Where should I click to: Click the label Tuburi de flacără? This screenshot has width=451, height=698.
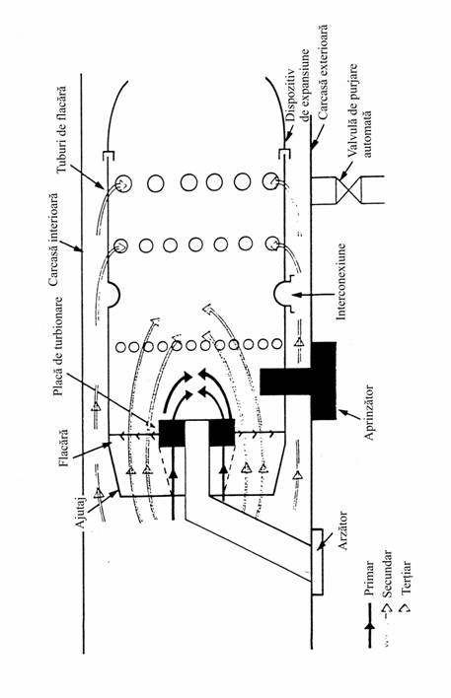(x=62, y=129)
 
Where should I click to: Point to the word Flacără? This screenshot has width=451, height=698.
(x=64, y=448)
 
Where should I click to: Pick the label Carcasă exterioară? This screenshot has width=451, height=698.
(x=323, y=71)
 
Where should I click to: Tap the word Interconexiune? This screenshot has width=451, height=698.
(x=340, y=281)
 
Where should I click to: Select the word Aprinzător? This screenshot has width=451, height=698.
(x=369, y=412)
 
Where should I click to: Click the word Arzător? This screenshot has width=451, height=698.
(x=342, y=530)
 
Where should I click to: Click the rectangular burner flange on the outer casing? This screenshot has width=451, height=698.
(x=317, y=562)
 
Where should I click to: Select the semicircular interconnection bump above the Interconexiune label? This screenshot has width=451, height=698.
(x=283, y=294)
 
